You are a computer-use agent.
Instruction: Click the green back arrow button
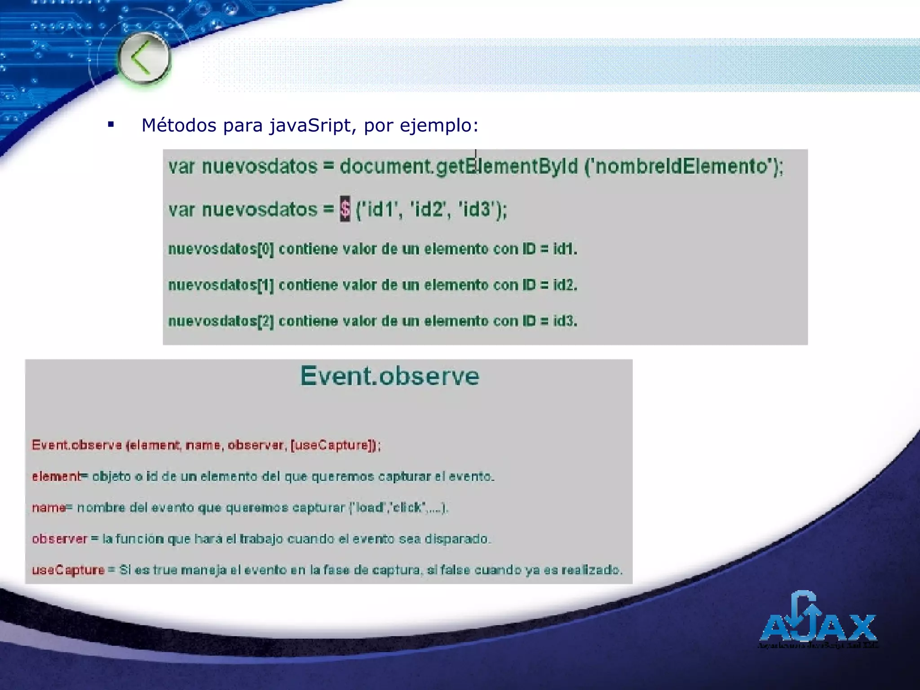click(144, 58)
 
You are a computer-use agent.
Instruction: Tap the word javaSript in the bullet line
click(310, 125)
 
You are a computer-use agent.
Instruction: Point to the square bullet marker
click(111, 124)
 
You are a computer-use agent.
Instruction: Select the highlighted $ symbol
click(345, 209)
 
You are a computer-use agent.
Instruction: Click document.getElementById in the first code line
click(458, 167)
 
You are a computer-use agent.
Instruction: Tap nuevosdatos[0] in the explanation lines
click(221, 249)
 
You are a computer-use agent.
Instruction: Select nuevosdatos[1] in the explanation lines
click(221, 285)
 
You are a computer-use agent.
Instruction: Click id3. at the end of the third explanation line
click(565, 321)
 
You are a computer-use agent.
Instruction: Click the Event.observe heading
click(389, 376)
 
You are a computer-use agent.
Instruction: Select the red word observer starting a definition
click(59, 539)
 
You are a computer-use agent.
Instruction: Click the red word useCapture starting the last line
click(68, 571)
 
